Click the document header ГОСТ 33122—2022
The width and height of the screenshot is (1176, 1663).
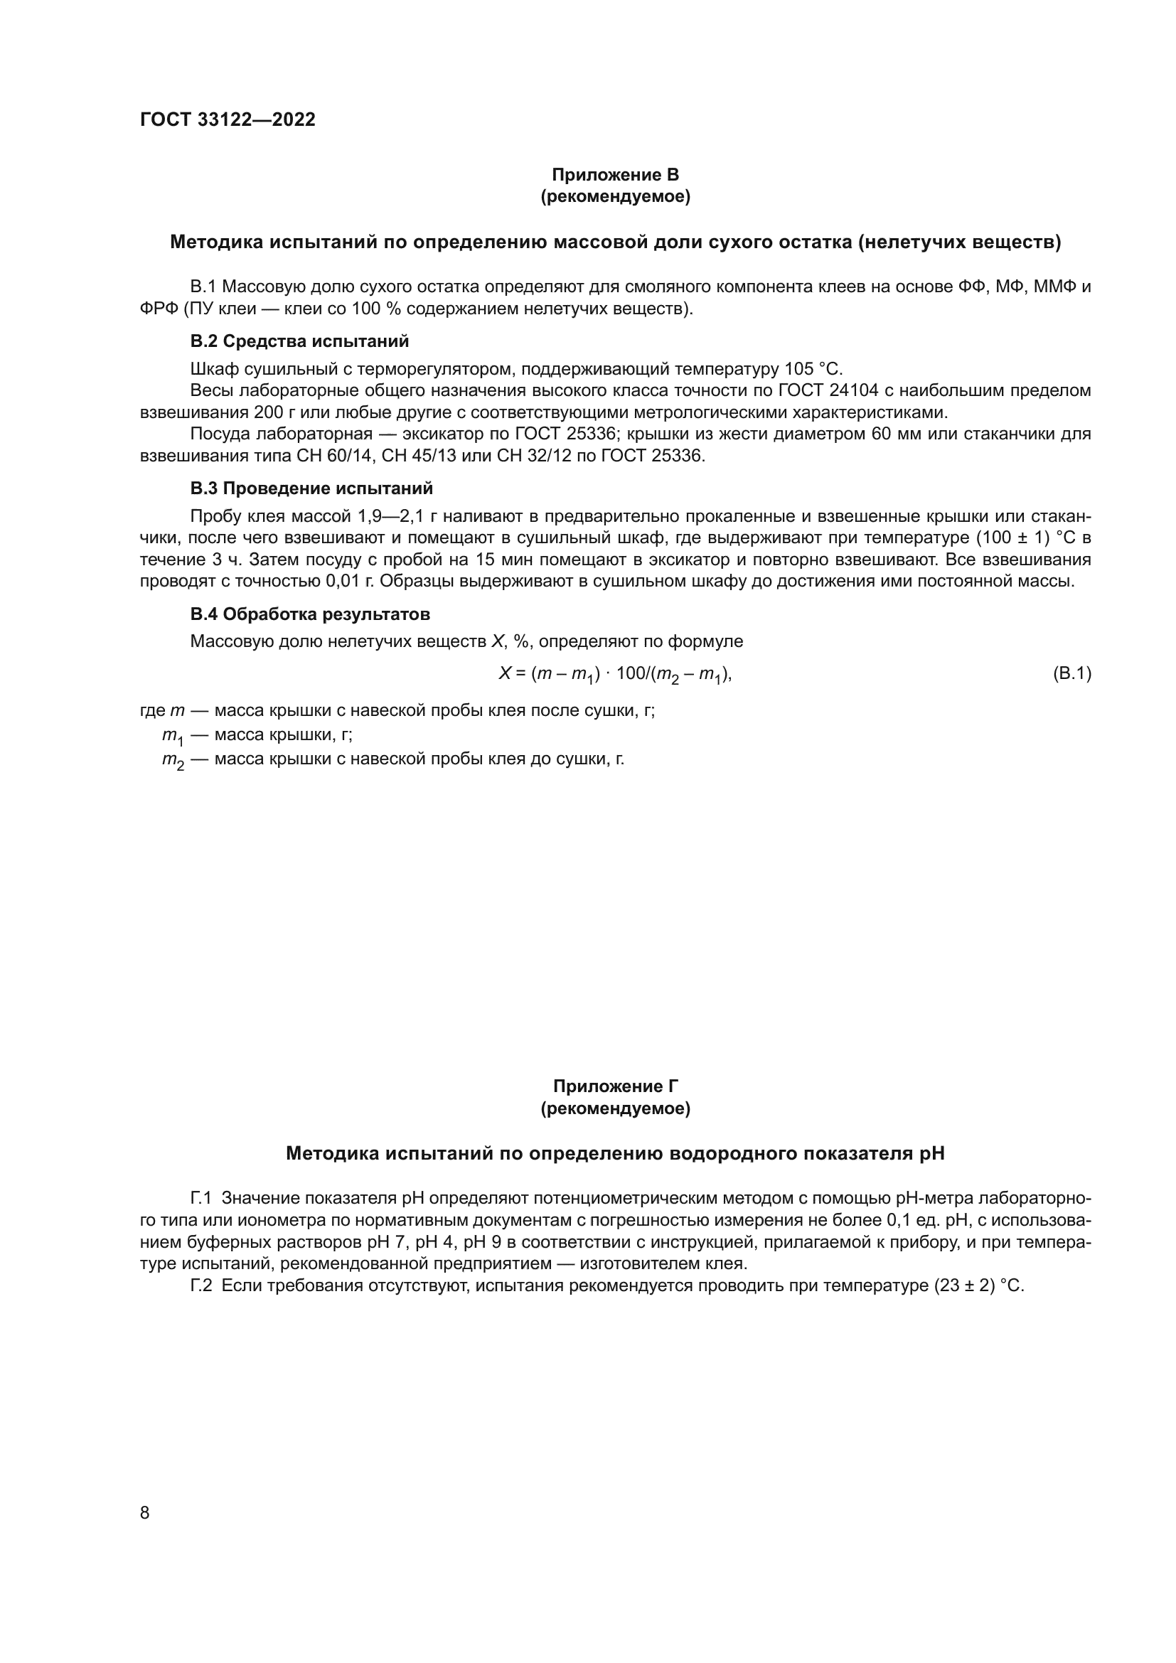tap(228, 120)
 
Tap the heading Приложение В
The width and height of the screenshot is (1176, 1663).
tap(615, 175)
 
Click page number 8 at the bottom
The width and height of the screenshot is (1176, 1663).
tap(145, 1513)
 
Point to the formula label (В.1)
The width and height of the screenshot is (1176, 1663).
tap(1071, 673)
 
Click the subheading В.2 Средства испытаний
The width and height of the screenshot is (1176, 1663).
tap(299, 341)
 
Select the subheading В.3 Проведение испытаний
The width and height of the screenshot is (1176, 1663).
tap(311, 488)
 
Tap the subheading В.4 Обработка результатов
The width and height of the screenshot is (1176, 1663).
tap(310, 614)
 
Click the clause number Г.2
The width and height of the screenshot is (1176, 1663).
tap(201, 1286)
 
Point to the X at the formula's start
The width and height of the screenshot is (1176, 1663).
tap(505, 673)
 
